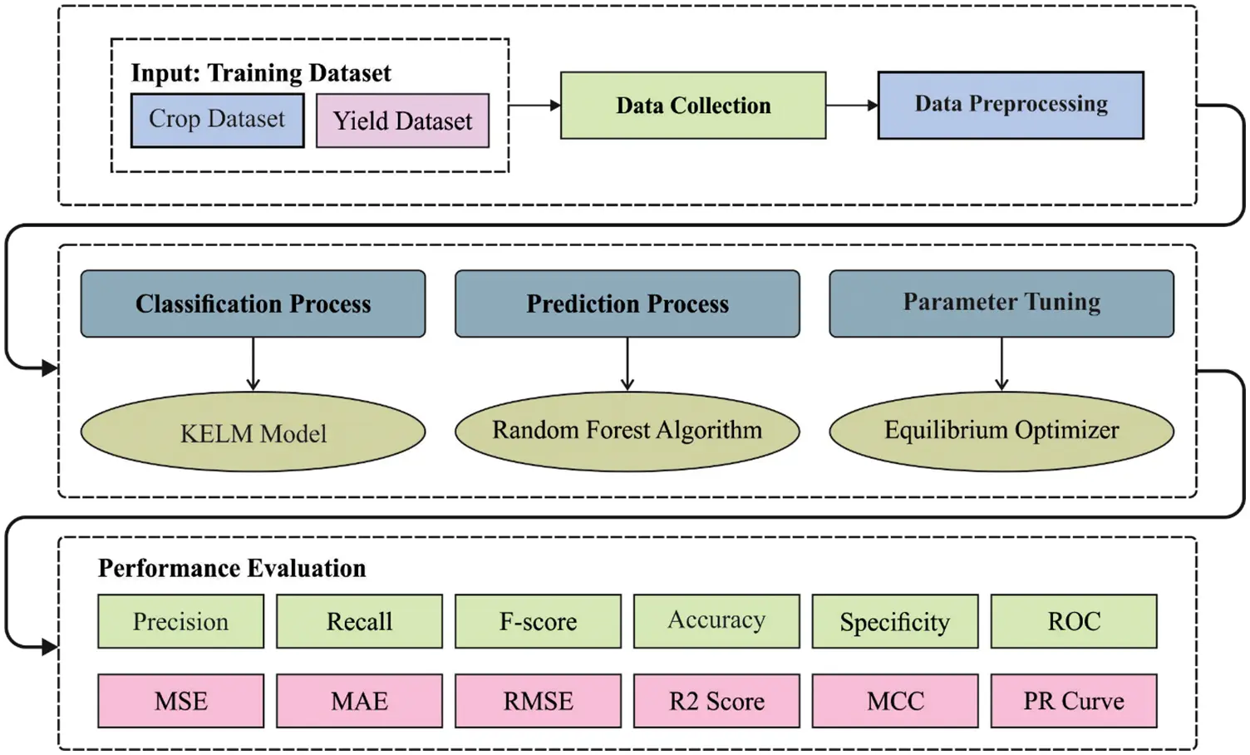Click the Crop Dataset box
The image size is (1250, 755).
[x=217, y=120]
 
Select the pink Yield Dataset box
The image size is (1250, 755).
[x=402, y=121]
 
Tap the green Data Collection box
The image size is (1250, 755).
[x=693, y=106]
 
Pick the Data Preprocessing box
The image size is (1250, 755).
[x=1011, y=105]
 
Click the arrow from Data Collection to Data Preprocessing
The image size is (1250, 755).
[x=852, y=106]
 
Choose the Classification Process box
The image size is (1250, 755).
[x=253, y=303]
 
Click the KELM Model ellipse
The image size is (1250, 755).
[x=253, y=432]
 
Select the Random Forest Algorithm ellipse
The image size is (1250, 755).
[x=627, y=431]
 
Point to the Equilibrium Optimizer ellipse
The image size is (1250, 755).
[x=1001, y=431]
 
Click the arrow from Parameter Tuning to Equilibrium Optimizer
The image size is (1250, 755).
[x=1001, y=363]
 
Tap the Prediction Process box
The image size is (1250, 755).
[x=627, y=303]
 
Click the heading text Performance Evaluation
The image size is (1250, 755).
[x=232, y=568]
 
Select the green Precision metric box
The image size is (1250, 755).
[x=180, y=621]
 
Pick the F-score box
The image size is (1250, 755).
[x=538, y=621]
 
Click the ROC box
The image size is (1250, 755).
[x=1073, y=621]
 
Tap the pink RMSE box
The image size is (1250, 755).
[x=538, y=701]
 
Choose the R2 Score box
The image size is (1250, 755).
[x=716, y=701]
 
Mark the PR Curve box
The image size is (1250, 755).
[x=1073, y=701]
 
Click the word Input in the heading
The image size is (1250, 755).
[x=164, y=73]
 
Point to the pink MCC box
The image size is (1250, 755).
[x=895, y=701]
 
